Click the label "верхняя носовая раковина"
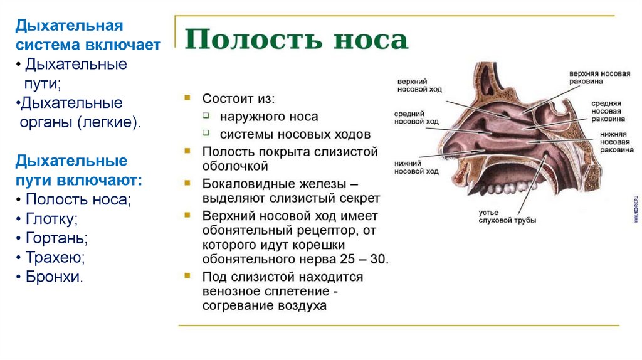tap(599, 77)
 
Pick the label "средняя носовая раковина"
tap(606, 110)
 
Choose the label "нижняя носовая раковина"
tap(606, 142)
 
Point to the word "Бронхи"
tap(54, 277)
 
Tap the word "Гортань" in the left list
tap(56, 238)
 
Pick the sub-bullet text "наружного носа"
tap(268, 117)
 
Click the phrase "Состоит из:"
tap(238, 99)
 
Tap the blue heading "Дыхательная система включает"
tap(88, 35)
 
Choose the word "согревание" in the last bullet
tap(236, 306)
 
